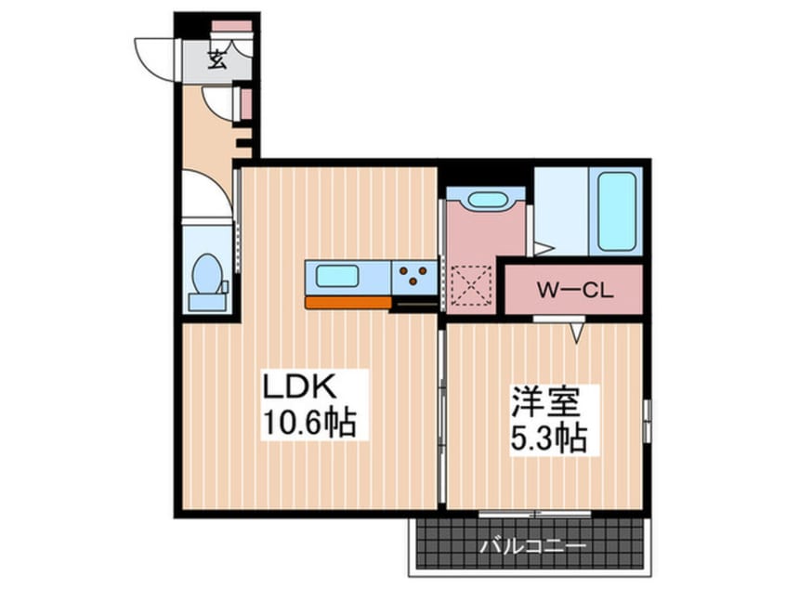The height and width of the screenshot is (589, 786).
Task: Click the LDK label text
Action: click(299, 387)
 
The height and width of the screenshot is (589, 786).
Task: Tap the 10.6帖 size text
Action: click(309, 423)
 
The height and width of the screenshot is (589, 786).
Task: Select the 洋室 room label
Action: click(546, 401)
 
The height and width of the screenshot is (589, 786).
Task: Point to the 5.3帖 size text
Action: click(549, 438)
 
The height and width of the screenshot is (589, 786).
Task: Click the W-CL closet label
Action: click(575, 290)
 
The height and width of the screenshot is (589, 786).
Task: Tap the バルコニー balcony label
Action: click(532, 546)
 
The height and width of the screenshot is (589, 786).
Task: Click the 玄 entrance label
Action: click(217, 59)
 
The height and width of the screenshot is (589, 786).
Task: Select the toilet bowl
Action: click(207, 273)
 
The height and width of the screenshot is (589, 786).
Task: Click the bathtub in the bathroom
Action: click(617, 212)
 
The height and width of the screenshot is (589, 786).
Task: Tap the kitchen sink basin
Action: click(337, 276)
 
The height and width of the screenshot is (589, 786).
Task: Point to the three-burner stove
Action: click(414, 276)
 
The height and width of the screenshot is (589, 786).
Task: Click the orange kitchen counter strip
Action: click(347, 302)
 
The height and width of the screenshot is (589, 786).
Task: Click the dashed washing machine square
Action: click(471, 285)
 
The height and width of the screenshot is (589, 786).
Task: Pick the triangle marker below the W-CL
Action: click(578, 334)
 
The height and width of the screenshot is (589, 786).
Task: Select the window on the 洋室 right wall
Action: click(648, 421)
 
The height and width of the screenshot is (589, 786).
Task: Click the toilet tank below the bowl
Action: click(207, 302)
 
